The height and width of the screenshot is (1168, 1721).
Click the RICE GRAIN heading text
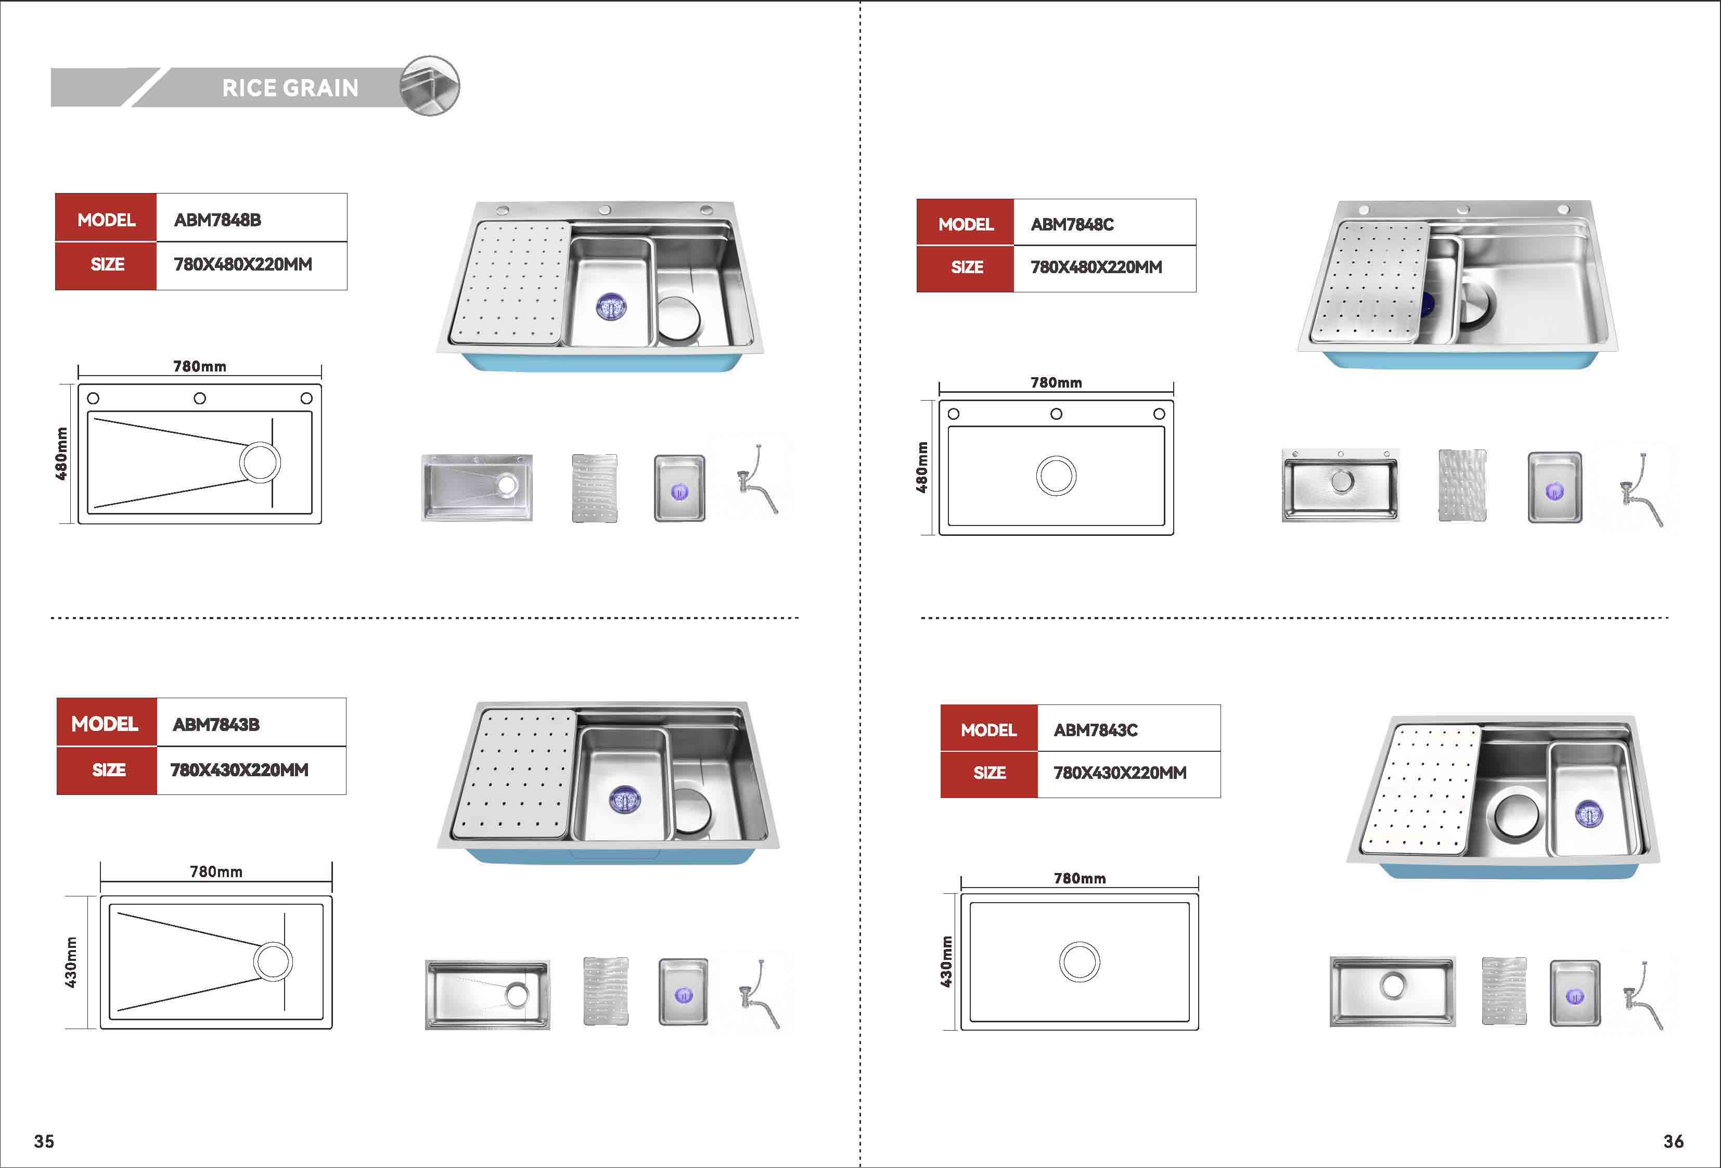(290, 88)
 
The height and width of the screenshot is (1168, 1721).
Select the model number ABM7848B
(217, 220)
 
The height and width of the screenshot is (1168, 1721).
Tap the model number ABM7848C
(1072, 224)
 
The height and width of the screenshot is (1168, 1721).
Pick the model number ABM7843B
(216, 724)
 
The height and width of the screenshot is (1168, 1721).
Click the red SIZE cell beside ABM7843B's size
(107, 771)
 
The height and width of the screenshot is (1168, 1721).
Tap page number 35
(44, 1141)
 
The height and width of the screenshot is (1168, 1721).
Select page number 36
(1674, 1141)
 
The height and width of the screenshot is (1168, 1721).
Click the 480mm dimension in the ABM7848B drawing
(62, 453)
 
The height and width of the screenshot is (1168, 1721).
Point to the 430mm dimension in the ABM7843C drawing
(946, 961)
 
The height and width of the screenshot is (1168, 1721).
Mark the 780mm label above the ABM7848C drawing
(1057, 383)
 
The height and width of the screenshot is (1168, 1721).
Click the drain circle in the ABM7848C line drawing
(1056, 476)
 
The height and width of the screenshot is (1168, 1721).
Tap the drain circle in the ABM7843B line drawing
(273, 961)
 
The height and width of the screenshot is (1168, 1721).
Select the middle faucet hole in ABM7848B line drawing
(200, 399)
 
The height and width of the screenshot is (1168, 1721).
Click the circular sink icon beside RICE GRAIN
(430, 86)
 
